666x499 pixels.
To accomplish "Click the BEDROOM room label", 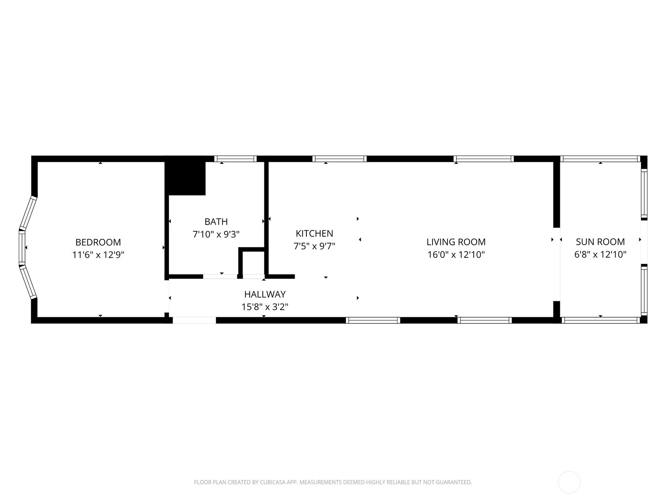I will [x=98, y=242].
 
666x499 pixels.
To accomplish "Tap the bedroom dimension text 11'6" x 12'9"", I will [x=98, y=254].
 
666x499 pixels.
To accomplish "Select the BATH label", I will [x=216, y=222].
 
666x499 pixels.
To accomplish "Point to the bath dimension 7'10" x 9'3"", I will [x=216, y=234].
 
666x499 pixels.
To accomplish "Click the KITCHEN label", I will [x=314, y=233].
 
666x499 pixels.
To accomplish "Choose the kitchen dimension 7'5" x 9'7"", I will [x=314, y=246].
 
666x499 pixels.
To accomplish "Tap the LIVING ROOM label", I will [x=456, y=242].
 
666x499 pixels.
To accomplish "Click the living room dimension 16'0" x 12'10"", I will [x=456, y=254].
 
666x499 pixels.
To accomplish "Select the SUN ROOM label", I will [x=600, y=242].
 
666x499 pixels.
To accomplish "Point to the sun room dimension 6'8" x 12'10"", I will [x=600, y=254].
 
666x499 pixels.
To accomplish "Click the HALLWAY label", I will [x=265, y=294].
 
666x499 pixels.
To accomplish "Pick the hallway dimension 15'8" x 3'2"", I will [x=265, y=307].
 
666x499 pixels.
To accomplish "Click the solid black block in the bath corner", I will [x=186, y=178].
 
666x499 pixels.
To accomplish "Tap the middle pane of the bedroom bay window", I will [x=22, y=247].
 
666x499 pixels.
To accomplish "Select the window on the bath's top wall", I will [x=235, y=158].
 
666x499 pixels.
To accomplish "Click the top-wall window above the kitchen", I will [x=339, y=158].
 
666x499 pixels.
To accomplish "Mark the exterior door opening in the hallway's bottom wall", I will [x=194, y=320].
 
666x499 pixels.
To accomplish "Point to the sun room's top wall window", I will [x=599, y=158].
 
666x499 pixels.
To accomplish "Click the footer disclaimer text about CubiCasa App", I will [x=333, y=482].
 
